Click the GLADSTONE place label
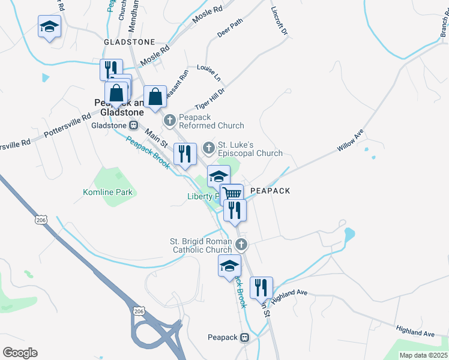pyautogui.click(x=129, y=43)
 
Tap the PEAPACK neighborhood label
pyautogui.click(x=270, y=191)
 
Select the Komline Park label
pyautogui.click(x=108, y=192)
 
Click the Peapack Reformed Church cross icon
pyautogui.click(x=170, y=120)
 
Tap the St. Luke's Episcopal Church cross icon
pyautogui.click(x=209, y=147)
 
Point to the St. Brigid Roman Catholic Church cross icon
pyautogui.click(x=241, y=244)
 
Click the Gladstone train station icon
pyautogui.click(x=133, y=125)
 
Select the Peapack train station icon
pyautogui.click(x=244, y=337)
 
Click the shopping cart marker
pyautogui.click(x=232, y=194)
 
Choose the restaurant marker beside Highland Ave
pyautogui.click(x=261, y=287)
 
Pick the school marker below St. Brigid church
pyautogui.click(x=229, y=265)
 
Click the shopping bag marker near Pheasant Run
pyautogui.click(x=155, y=96)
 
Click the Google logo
pyautogui.click(x=20, y=353)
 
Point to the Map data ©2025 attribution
pyautogui.click(x=424, y=355)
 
